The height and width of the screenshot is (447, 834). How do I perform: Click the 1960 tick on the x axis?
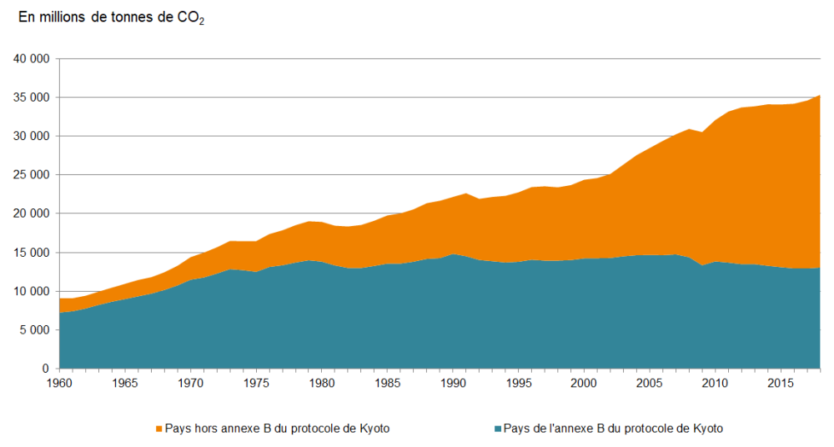[x=59, y=384]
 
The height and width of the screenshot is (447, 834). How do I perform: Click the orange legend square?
[x=158, y=429]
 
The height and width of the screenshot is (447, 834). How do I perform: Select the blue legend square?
[x=498, y=429]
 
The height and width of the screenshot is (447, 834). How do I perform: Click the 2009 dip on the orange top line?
[x=702, y=133]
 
